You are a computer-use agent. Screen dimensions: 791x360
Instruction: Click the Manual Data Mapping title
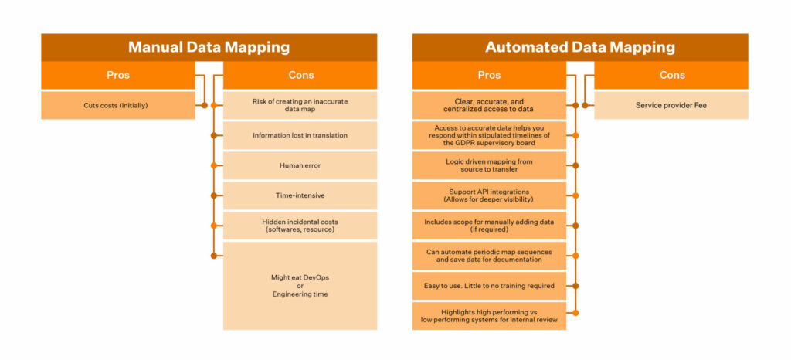coord(209,47)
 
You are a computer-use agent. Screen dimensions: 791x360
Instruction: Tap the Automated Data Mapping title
coord(579,47)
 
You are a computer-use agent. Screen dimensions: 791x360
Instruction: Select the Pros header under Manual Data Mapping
coord(118,75)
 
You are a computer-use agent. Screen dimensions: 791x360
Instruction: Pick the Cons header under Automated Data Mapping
coord(672,75)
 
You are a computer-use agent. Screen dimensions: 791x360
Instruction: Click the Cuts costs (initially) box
coord(118,105)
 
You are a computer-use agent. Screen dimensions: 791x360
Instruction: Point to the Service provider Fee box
coord(671,105)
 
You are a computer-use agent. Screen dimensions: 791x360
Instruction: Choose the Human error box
coord(300,165)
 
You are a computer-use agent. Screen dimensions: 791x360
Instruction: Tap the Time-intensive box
coord(300,195)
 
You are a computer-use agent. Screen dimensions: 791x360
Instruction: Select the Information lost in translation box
coord(300,135)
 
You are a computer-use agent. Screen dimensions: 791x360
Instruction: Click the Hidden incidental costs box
coord(300,226)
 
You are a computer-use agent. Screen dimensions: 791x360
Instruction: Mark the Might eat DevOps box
coord(300,286)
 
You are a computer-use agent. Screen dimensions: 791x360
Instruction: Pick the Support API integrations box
coord(489,195)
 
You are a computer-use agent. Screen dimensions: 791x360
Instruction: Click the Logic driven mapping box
coord(489,165)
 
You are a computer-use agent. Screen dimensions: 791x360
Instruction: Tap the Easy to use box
coord(489,286)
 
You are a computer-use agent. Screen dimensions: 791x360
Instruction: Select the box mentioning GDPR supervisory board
coord(489,135)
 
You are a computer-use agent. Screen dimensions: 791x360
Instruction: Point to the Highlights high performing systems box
coord(489,316)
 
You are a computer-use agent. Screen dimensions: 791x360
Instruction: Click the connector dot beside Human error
coord(213,165)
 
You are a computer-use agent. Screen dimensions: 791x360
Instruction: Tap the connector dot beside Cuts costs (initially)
coord(204,105)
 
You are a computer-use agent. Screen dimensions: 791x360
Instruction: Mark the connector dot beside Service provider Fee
coord(585,105)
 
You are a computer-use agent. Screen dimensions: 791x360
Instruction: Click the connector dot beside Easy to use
coord(575,286)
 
